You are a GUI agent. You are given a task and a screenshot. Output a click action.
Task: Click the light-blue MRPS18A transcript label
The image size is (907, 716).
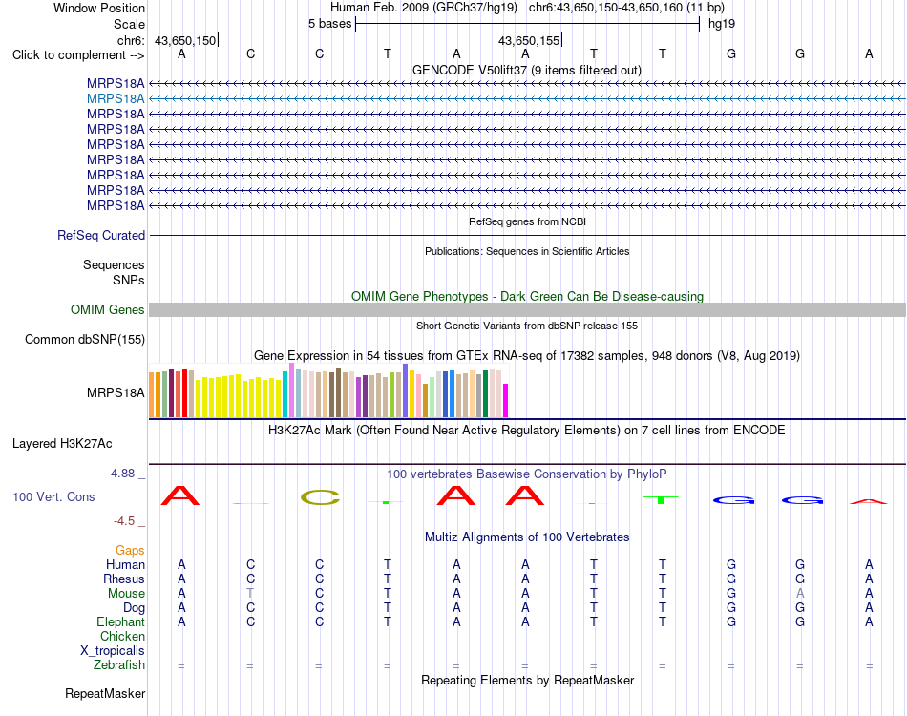[x=116, y=99]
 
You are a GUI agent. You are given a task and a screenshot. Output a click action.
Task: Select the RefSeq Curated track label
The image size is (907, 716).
[x=101, y=236]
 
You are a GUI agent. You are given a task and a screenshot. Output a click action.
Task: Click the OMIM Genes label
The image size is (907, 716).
[x=107, y=310]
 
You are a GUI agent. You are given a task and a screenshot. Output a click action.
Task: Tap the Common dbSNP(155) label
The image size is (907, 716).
[x=84, y=340]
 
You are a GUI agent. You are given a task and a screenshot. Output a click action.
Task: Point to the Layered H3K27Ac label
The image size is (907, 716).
[x=62, y=444]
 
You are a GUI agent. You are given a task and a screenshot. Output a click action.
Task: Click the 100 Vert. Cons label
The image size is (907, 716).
[x=53, y=496]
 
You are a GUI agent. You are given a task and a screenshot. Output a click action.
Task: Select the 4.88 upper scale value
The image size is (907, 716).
[x=122, y=474]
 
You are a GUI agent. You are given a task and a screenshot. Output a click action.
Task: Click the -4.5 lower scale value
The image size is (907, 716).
[x=124, y=521]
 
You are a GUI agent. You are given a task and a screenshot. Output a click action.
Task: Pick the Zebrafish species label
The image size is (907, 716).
[x=119, y=665]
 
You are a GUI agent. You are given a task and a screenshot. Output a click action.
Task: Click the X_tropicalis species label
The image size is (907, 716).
[x=113, y=651]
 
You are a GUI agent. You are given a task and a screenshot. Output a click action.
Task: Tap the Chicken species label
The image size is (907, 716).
[x=122, y=636]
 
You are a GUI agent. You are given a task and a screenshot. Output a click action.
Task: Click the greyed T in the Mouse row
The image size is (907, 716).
[x=250, y=594]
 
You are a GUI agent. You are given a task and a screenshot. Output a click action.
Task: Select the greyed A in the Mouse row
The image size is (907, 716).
[x=800, y=594]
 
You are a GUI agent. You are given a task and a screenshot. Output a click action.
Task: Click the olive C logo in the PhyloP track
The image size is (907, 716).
[x=320, y=497]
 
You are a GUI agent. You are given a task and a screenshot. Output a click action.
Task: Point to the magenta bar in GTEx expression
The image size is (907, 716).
[x=506, y=400]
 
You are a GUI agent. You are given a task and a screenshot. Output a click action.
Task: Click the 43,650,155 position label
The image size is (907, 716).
[x=529, y=40]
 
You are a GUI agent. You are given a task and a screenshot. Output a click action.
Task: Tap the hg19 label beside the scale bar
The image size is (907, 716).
[x=722, y=24]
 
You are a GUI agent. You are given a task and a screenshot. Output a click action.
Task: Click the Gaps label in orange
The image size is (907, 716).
[x=130, y=550]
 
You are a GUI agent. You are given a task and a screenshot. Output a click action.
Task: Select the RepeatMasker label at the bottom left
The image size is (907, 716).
[x=105, y=693]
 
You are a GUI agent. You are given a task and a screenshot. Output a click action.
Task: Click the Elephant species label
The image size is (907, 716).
[x=121, y=621]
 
